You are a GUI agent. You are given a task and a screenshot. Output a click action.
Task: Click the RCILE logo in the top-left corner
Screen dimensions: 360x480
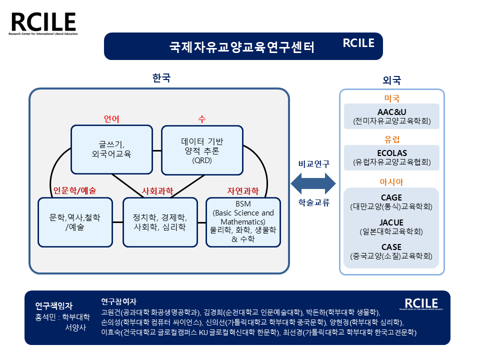coord(43,24)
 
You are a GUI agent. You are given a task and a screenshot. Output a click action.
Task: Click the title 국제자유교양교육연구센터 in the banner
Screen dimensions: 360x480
coord(242,47)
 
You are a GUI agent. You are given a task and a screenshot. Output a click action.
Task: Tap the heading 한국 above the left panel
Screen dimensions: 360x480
coord(161,78)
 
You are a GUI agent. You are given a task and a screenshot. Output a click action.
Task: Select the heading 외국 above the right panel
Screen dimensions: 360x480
coord(391,80)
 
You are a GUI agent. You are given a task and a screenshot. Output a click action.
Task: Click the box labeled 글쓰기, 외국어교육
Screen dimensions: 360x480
coord(111,149)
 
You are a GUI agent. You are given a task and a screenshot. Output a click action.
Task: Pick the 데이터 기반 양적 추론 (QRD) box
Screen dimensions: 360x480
coord(202,149)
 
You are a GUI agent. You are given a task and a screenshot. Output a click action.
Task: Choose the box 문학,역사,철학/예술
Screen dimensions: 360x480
coord(75,222)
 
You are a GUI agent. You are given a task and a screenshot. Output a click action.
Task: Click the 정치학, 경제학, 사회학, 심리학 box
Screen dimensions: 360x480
coord(160,222)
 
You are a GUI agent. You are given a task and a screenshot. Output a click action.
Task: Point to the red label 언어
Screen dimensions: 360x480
coord(111,119)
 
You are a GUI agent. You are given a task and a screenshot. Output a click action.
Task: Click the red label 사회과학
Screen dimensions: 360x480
coord(157,191)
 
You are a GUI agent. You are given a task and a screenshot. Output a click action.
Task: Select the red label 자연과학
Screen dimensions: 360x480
coord(243,191)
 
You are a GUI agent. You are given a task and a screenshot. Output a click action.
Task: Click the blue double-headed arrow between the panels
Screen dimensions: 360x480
coord(314,183)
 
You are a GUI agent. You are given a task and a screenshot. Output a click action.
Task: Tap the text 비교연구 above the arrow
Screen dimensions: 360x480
coord(314,163)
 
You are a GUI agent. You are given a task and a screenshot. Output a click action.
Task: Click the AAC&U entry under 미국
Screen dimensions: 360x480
coord(391,116)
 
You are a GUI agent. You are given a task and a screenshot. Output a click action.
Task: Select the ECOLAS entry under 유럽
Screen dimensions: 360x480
coord(391,157)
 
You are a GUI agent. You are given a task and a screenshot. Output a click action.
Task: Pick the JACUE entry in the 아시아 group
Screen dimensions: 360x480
coord(391,227)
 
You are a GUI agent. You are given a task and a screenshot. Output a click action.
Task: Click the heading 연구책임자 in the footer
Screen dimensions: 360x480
coord(54,305)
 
